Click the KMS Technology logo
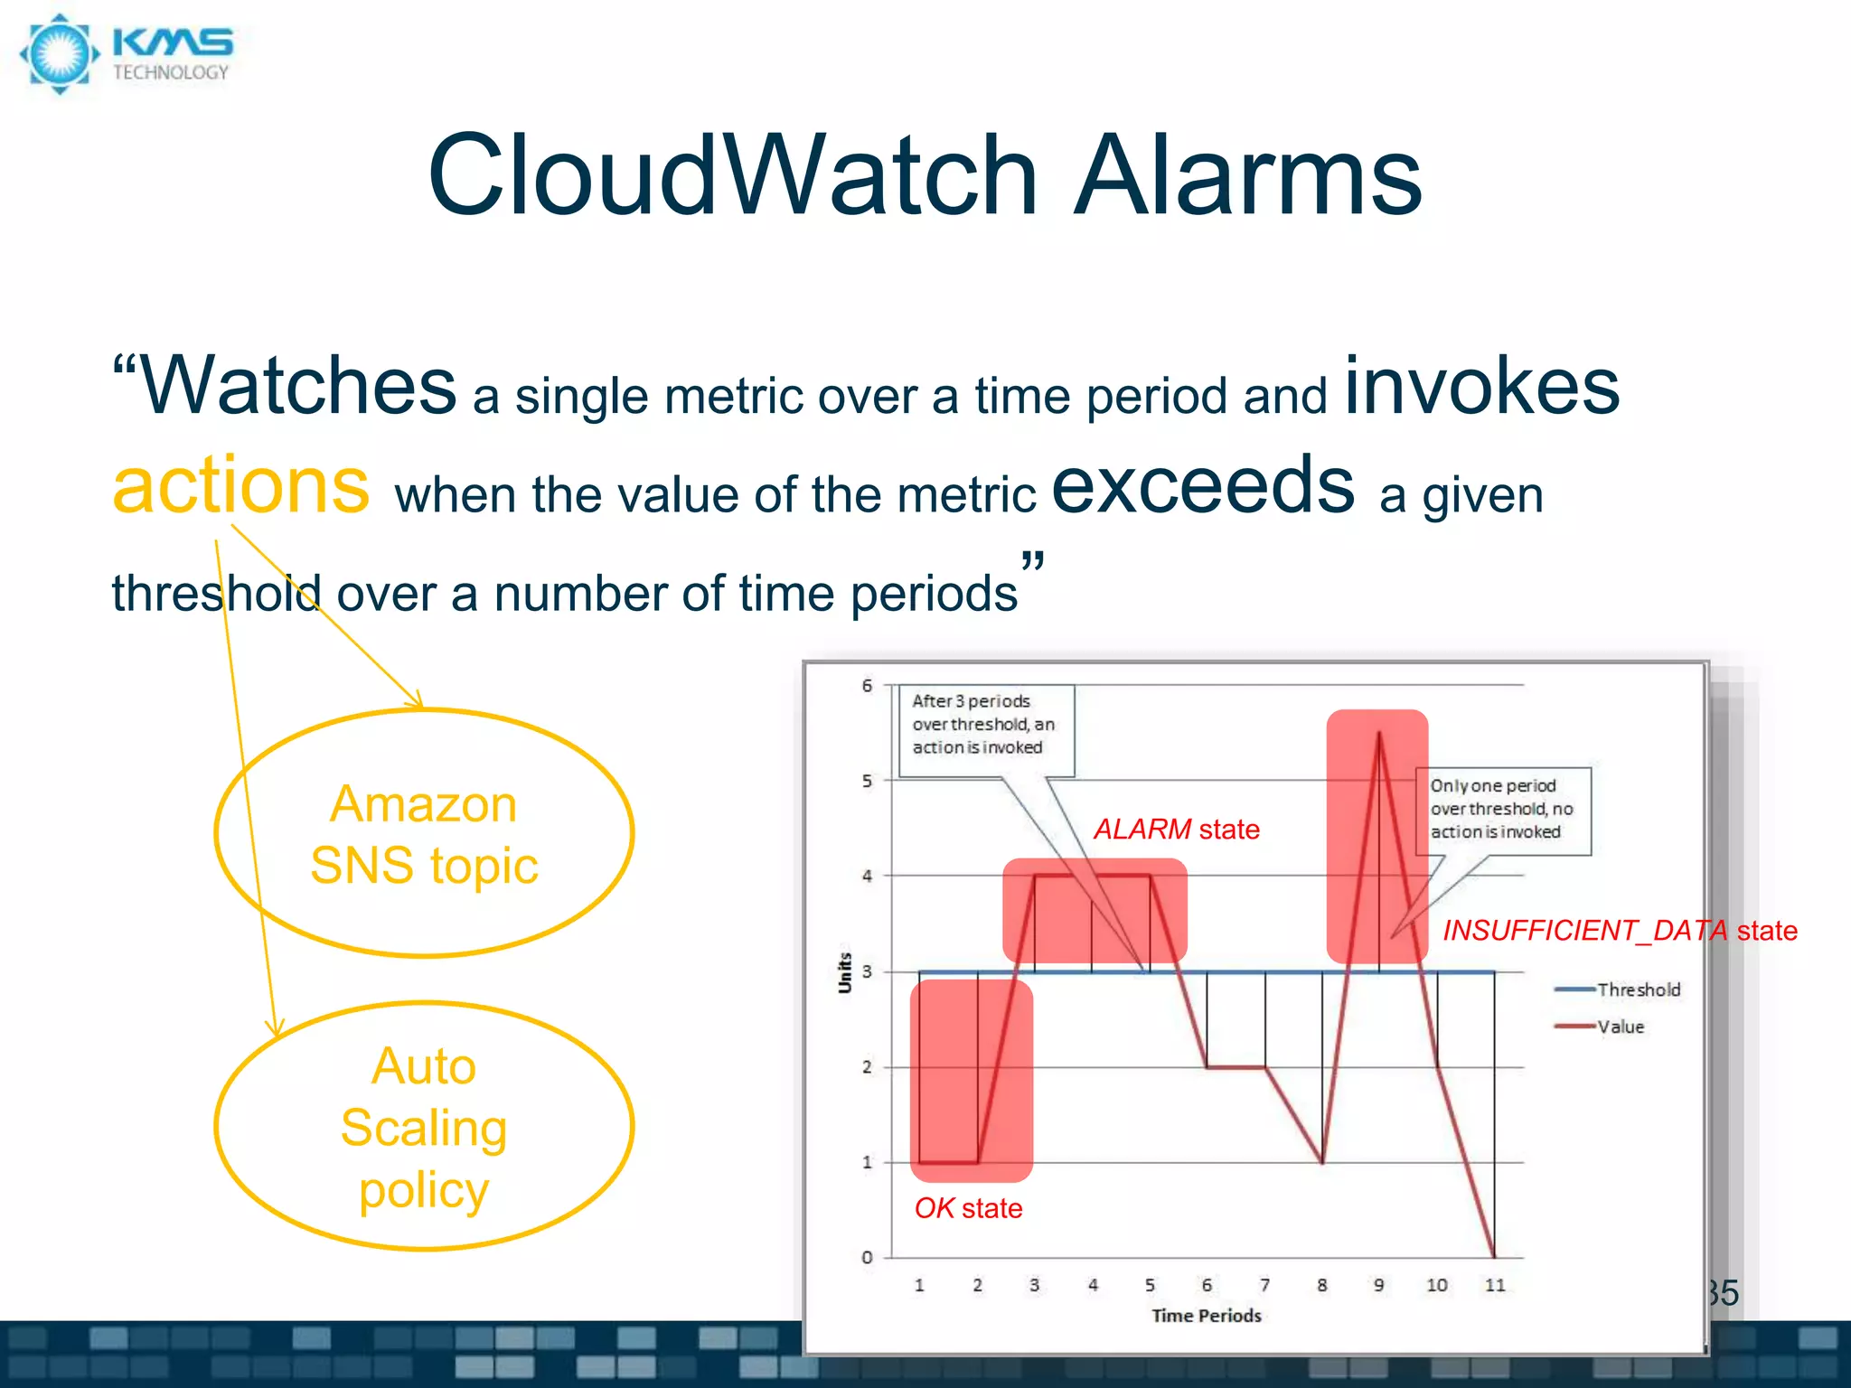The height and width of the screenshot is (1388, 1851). pyautogui.click(x=127, y=54)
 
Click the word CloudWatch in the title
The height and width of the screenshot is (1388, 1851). pyautogui.click(x=732, y=175)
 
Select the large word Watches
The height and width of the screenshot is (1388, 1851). pyautogui.click(x=298, y=387)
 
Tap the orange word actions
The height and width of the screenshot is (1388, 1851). pyautogui.click(x=241, y=486)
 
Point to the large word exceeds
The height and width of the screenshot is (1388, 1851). pyautogui.click(x=1203, y=486)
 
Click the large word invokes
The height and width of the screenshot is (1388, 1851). pyautogui.click(x=1482, y=387)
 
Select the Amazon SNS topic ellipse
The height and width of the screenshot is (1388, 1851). pyautogui.click(x=424, y=833)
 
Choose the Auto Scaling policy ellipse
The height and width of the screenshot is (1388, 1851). pyautogui.click(x=424, y=1127)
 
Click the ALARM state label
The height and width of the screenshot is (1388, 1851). pyautogui.click(x=1177, y=830)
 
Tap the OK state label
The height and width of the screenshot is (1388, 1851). pyautogui.click(x=968, y=1209)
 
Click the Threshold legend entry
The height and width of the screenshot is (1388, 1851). pyautogui.click(x=1618, y=989)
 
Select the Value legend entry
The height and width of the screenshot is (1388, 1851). pyautogui.click(x=1600, y=1027)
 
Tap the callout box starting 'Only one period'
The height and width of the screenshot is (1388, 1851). pyautogui.click(x=1502, y=810)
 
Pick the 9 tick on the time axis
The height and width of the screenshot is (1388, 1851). pyautogui.click(x=1379, y=1285)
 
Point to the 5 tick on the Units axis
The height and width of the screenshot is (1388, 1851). pyautogui.click(x=867, y=781)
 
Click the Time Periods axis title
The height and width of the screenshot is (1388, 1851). pyautogui.click(x=1207, y=1316)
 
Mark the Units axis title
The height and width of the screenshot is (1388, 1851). pyautogui.click(x=845, y=972)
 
